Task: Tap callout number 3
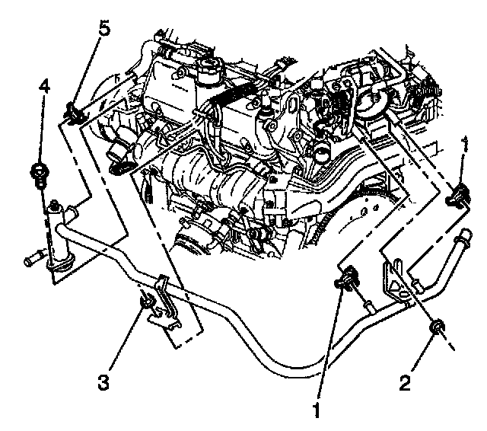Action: pos(103,382)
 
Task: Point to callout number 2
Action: pos(405,383)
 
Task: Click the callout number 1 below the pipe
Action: pos(317,410)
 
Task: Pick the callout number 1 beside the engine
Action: pos(465,144)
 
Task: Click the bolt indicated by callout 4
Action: pos(39,175)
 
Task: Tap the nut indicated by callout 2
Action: pos(437,328)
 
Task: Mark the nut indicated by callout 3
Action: pos(146,301)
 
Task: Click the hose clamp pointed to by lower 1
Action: pos(347,278)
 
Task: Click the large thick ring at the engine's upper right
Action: pos(373,101)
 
